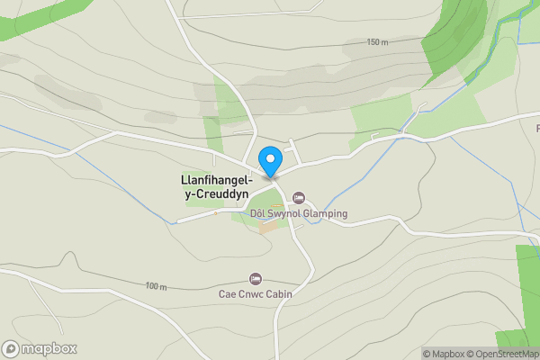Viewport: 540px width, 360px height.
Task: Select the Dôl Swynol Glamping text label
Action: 298,213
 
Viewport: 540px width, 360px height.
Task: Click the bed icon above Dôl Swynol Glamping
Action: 299,198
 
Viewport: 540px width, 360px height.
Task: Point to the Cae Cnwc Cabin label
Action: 256,293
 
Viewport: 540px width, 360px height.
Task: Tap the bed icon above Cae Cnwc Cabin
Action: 256,278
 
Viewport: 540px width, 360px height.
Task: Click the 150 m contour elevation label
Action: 377,42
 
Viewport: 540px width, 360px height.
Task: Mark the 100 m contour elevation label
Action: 156,286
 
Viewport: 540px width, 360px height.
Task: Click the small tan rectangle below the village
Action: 269,227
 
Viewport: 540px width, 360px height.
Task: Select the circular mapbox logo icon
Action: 11,348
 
